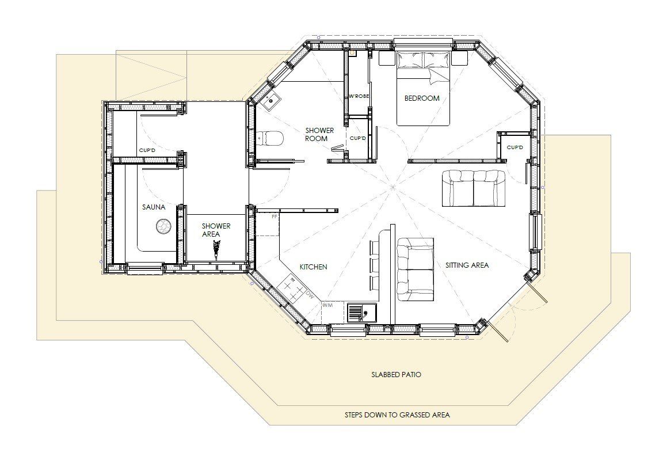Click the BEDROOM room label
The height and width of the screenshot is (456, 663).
[x=421, y=98]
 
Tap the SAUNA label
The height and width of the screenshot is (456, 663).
[x=154, y=207]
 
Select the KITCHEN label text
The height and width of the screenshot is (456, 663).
[x=313, y=267]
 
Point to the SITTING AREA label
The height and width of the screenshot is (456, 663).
[x=467, y=265]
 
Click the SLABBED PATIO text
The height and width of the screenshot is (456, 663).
[x=396, y=374]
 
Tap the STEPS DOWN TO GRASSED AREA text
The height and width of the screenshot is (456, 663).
[x=397, y=415]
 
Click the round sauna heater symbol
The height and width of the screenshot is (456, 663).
[x=163, y=226]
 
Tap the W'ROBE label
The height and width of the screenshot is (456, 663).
[x=359, y=97]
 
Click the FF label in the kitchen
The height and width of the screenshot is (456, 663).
[x=275, y=216]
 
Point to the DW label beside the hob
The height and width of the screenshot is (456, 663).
[x=310, y=296]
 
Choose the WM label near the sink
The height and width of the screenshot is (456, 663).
[x=327, y=305]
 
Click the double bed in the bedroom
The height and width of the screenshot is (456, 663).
[x=423, y=88]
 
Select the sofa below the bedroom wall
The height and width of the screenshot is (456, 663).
[x=474, y=188]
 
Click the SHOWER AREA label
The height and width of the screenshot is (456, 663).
[x=216, y=230]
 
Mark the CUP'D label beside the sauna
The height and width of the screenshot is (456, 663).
[x=147, y=150]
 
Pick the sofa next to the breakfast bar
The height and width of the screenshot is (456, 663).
[x=415, y=269]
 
